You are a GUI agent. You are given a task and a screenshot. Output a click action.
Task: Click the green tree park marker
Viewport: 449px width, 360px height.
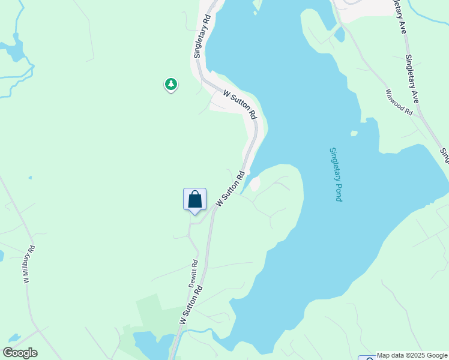(171, 84)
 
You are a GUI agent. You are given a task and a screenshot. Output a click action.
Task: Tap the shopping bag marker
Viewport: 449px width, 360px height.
(194, 199)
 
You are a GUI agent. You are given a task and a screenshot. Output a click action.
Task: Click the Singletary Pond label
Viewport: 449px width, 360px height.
(336, 174)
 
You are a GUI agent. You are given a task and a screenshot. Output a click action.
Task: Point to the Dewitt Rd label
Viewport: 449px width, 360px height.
(194, 274)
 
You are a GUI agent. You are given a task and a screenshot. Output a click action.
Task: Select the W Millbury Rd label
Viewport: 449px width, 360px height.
(29, 264)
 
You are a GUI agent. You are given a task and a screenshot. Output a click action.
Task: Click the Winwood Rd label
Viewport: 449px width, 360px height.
(400, 103)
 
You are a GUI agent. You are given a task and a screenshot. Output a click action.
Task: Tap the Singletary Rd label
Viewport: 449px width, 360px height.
(202, 38)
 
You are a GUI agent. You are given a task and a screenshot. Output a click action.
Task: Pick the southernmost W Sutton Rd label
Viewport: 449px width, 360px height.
(190, 305)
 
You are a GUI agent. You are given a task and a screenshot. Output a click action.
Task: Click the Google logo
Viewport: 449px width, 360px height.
(20, 353)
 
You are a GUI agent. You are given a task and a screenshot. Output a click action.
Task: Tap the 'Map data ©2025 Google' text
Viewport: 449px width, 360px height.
(412, 355)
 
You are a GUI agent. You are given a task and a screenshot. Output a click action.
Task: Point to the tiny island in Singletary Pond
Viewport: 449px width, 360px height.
(354, 133)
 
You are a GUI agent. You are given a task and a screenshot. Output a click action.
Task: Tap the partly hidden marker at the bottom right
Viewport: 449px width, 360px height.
(367, 358)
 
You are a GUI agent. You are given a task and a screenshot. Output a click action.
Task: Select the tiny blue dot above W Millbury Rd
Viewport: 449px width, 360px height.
(30, 178)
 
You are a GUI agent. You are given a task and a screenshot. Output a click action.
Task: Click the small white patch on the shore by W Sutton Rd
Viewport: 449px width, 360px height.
(255, 184)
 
